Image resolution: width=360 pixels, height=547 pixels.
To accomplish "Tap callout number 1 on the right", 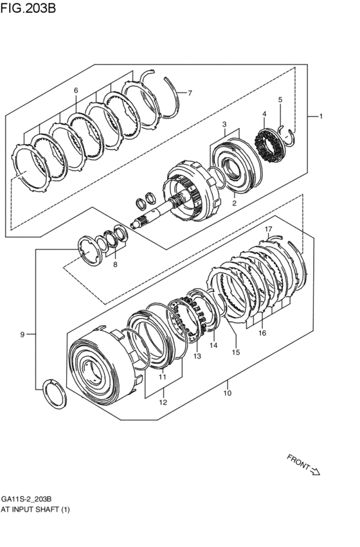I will coord(320,116).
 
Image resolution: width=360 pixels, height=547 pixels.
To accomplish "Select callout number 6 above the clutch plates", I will coord(76,91).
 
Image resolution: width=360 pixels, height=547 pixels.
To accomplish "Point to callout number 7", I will coord(190,93).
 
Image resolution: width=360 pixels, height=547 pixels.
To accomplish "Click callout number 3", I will coord(224,123).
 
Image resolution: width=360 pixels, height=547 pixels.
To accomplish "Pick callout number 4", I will coord(264,114).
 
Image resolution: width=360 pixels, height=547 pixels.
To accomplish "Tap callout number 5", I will coord(280,100).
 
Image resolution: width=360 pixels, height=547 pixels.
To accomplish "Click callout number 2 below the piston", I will coord(235,203).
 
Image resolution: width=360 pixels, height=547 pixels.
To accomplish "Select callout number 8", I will coord(115,264).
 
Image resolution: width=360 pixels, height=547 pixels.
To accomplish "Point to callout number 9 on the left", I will coord(22,334).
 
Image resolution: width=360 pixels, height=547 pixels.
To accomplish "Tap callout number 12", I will coord(163,402).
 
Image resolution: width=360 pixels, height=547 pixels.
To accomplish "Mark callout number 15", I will coord(236,352).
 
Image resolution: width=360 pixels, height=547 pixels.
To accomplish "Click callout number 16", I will coord(262,333).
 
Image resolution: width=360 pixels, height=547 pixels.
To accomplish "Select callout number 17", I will coord(269,229).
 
